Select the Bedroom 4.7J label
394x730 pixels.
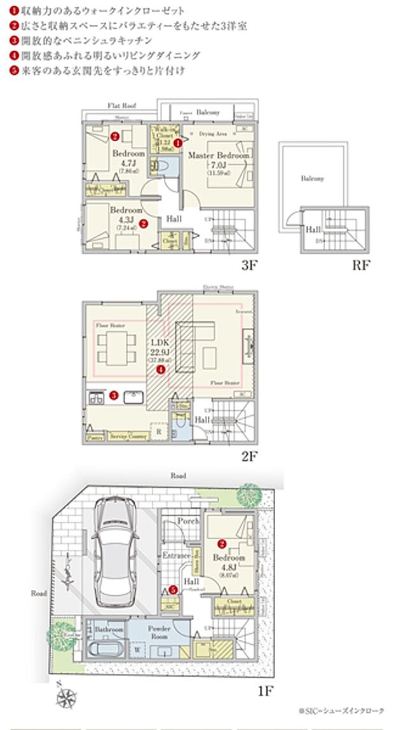click(x=128, y=158)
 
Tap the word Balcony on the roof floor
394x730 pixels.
click(x=312, y=179)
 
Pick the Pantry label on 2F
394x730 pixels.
click(x=95, y=438)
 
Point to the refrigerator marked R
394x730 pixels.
click(x=158, y=432)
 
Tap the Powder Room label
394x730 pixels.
click(x=159, y=632)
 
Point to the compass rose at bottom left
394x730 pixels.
click(x=65, y=698)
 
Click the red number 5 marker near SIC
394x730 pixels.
click(x=172, y=589)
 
